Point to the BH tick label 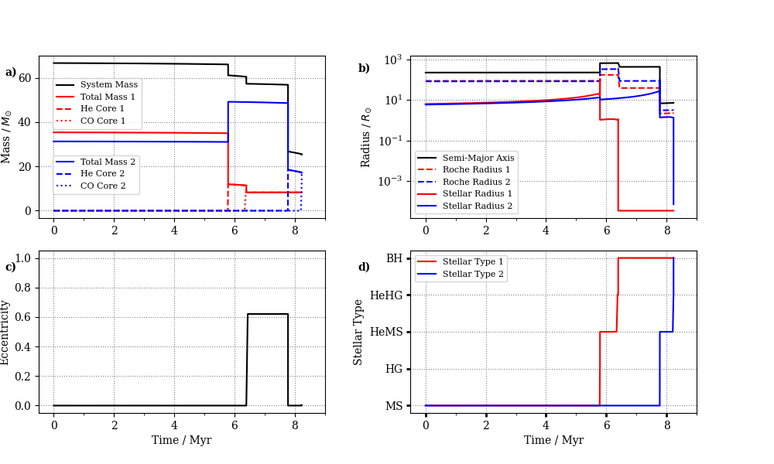[395, 258]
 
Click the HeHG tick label [386, 295]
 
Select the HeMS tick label [386, 332]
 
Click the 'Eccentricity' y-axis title [6, 333]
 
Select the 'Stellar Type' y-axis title [358, 332]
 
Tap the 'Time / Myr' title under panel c [181, 440]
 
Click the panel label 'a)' [11, 73]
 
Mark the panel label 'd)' [364, 268]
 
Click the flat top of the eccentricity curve [267, 314]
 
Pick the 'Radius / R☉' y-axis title [366, 137]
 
